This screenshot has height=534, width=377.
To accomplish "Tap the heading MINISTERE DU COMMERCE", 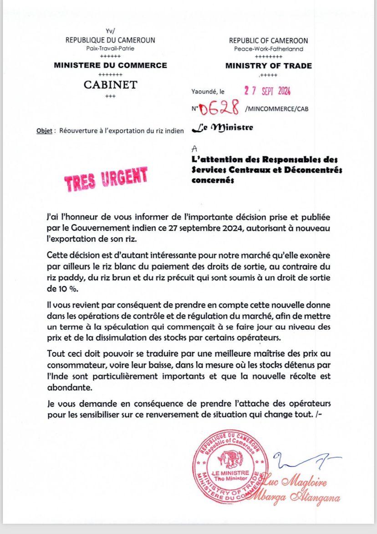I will [x=111, y=65].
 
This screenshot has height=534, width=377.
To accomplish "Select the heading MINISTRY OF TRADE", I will [x=269, y=66].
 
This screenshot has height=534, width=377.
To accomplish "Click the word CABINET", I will [x=111, y=85].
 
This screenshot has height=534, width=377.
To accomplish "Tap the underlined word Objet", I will [x=44, y=131].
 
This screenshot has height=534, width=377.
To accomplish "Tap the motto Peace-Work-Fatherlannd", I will [x=269, y=49].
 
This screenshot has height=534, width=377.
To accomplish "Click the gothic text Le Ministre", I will [x=224, y=129].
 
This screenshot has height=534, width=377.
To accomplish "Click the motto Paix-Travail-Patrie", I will [x=110, y=48].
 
